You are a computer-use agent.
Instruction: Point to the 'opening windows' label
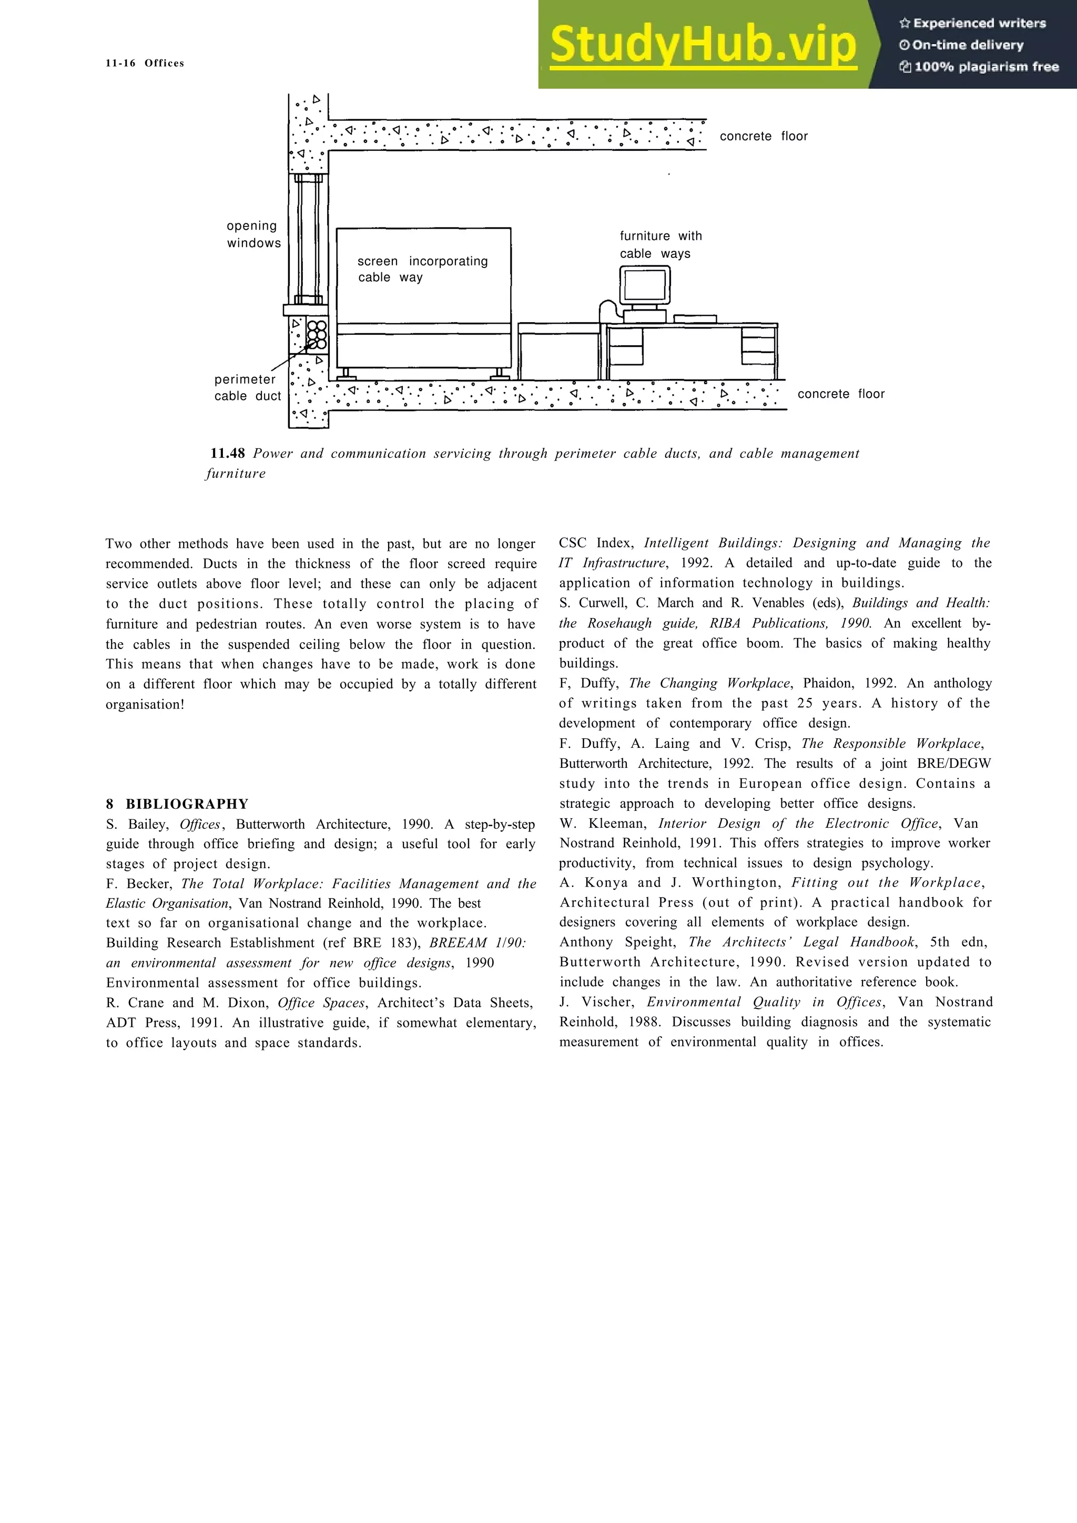point(253,234)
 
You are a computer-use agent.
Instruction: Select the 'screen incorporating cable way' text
point(423,269)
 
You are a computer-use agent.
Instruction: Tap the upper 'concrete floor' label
point(763,136)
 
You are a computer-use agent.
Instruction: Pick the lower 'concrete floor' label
point(841,394)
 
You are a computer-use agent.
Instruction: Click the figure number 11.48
point(228,454)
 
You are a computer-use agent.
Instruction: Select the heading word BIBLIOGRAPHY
point(187,804)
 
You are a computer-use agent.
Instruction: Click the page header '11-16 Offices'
point(145,63)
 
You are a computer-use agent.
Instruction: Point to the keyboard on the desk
point(695,319)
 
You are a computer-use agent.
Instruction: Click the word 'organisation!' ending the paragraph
point(145,704)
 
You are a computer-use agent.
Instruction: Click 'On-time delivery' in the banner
point(968,45)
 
